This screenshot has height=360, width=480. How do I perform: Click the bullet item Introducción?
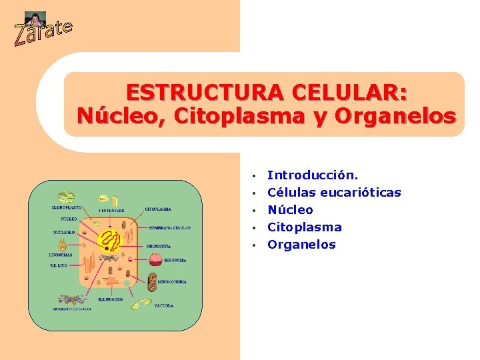pyautogui.click(x=313, y=175)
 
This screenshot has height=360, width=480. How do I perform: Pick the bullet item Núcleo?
pyautogui.click(x=290, y=210)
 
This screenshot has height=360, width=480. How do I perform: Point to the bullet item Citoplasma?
pyautogui.click(x=304, y=227)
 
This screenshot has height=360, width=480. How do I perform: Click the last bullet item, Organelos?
pyautogui.click(x=301, y=245)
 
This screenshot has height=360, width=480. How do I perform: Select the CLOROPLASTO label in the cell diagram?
pyautogui.click(x=67, y=207)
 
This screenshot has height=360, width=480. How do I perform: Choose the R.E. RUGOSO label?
pyautogui.click(x=111, y=299)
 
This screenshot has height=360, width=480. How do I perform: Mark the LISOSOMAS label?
pyautogui.click(x=64, y=255)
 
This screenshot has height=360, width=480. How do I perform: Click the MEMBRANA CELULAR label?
pyautogui.click(x=170, y=227)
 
